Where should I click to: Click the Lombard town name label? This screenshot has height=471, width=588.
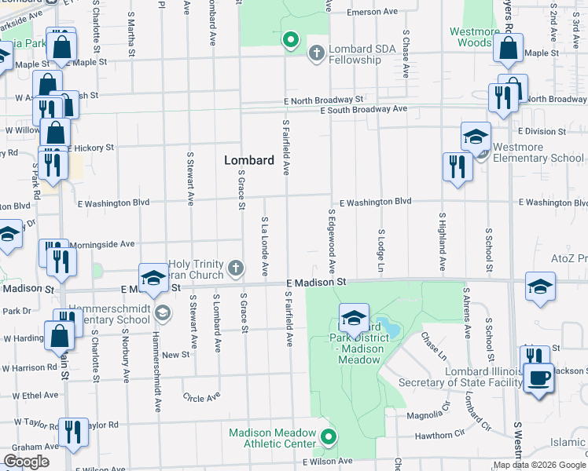coord(249,160)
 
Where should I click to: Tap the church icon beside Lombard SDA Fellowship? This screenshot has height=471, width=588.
coord(316,53)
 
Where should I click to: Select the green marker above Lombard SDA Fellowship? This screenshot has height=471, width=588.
coord(290,39)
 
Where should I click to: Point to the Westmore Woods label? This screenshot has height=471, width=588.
coord(474,37)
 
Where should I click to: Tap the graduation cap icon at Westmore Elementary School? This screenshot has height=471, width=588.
coord(476,137)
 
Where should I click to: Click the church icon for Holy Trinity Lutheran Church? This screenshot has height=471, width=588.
coord(234,269)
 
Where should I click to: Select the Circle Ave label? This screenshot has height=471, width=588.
coord(201,398)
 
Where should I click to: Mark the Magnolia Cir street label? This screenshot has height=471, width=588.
coord(430,414)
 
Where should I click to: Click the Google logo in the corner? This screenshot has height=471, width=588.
coord(26,462)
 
